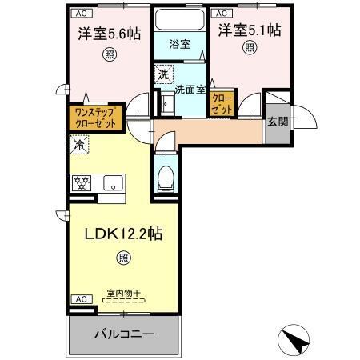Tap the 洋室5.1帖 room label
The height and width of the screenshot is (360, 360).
pos(250,30)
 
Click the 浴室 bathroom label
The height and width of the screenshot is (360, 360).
pos(178,45)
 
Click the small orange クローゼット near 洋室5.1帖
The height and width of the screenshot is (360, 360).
pos(221,102)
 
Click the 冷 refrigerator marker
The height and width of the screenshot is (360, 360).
pos(80,146)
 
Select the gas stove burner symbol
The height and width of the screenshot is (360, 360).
pos(82,182)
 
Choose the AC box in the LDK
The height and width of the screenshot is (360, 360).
pos(81,298)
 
